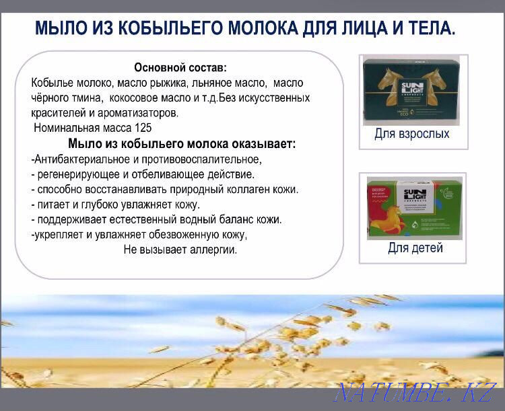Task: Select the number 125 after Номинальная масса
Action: click(143, 127)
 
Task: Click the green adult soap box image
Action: click(412, 91)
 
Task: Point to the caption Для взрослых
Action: click(411, 134)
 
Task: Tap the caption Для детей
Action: click(415, 248)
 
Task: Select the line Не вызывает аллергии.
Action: click(180, 250)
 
